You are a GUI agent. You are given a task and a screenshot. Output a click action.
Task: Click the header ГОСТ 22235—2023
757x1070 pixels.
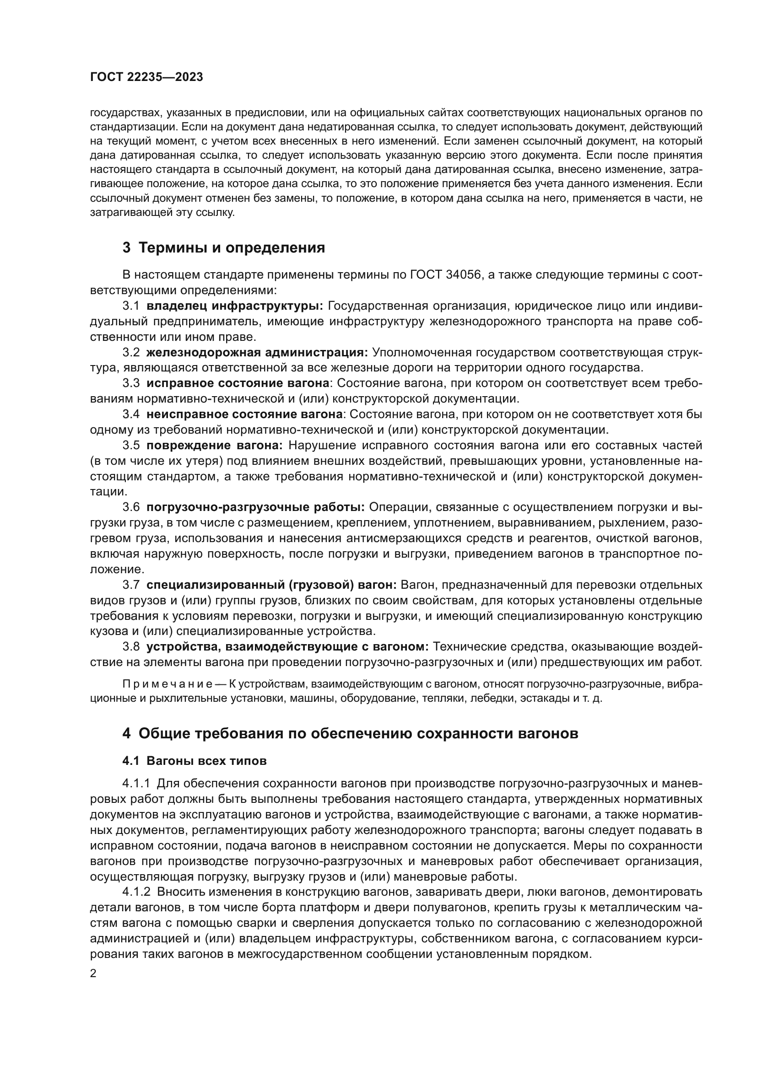(x=146, y=77)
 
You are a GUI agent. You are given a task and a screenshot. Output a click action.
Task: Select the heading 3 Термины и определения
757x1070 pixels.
(x=224, y=248)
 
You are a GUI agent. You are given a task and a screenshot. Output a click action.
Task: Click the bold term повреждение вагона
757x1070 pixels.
(x=214, y=445)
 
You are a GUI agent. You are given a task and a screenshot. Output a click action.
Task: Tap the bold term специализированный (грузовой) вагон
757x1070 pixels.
(x=271, y=584)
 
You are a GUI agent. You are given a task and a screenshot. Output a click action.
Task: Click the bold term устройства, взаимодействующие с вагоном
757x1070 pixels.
(x=287, y=646)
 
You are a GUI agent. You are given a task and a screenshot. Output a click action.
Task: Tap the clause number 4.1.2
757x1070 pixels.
(x=136, y=892)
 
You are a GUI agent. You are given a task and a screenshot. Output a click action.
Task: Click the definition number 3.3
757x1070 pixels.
(x=131, y=383)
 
